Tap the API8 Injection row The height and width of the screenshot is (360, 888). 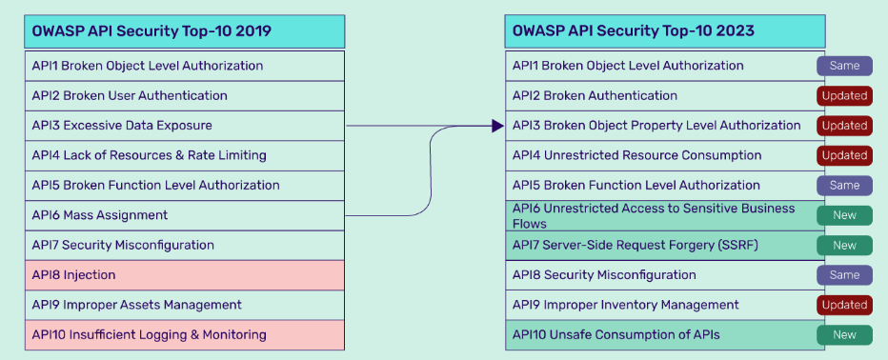(x=185, y=275)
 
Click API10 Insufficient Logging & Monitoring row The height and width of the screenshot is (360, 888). (x=185, y=335)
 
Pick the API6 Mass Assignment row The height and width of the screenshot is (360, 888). (x=185, y=215)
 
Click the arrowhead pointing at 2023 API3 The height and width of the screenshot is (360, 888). (x=497, y=126)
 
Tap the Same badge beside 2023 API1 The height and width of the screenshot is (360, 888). (x=844, y=66)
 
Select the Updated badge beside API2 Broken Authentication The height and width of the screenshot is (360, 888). (x=844, y=95)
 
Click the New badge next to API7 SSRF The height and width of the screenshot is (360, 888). (x=844, y=245)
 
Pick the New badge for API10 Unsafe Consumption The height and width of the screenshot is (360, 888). (x=844, y=335)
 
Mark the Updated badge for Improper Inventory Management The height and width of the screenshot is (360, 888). (x=844, y=305)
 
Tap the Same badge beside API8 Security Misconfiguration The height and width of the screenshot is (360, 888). (x=844, y=275)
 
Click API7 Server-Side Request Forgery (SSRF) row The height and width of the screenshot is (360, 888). (x=665, y=245)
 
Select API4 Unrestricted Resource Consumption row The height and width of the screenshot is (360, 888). (x=665, y=155)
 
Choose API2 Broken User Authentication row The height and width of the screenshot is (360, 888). (x=185, y=95)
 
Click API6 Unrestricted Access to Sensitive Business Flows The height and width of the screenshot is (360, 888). (x=665, y=215)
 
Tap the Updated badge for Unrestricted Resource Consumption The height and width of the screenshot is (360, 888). (x=844, y=155)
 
